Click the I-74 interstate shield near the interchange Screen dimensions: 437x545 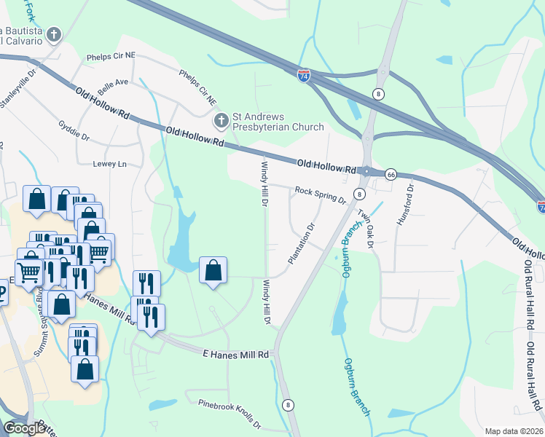tap(304, 75)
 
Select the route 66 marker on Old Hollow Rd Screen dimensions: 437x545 tap(391, 175)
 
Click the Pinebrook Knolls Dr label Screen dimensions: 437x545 tap(224, 410)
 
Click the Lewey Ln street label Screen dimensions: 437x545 tap(110, 164)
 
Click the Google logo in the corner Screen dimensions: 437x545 tap(24, 428)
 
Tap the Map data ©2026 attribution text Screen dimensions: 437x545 tap(514, 431)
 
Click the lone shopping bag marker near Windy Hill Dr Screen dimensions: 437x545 tap(213, 271)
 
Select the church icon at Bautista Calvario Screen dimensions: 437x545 tap(53, 34)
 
